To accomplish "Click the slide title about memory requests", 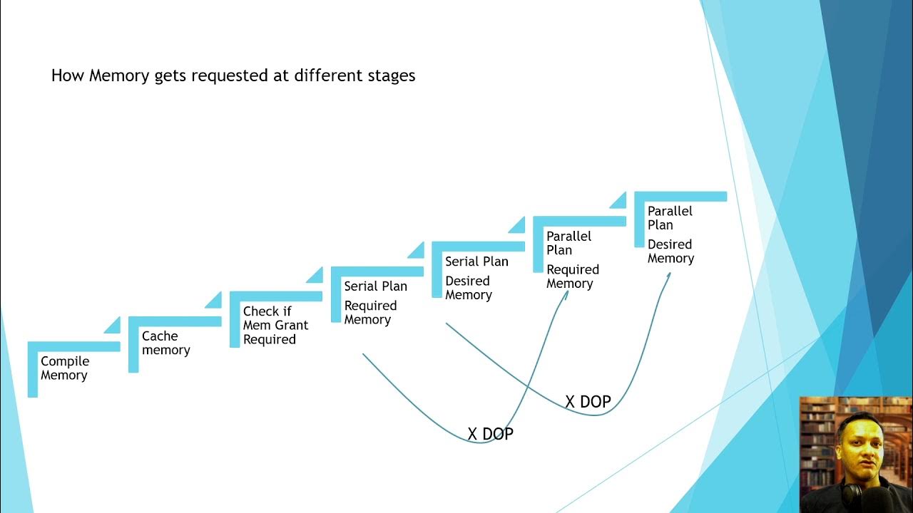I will point(233,76).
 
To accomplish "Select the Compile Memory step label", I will point(64,368).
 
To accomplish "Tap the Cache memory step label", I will point(165,343).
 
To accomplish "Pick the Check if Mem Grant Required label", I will point(275,325).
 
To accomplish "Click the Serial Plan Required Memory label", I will point(375,303).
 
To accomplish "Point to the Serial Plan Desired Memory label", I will point(476,278).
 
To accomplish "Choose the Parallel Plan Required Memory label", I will point(572,259).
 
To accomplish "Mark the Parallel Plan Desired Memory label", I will point(670,234).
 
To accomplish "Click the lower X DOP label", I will point(490,434).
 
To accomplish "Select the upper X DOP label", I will point(588,402).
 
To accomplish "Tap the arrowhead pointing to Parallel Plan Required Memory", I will point(566,294).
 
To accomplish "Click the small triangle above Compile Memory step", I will point(113,326).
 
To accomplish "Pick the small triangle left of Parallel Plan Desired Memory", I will point(619,201).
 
